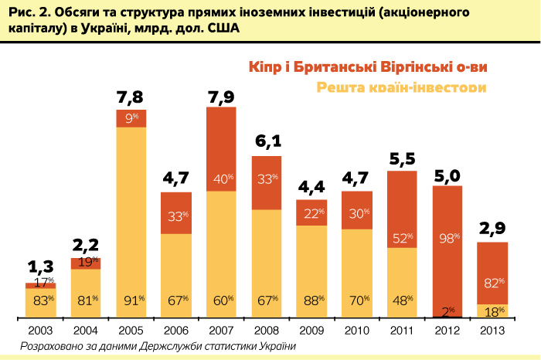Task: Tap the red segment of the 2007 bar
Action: [221, 148]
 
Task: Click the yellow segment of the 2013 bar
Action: [492, 311]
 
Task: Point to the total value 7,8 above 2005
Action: [131, 97]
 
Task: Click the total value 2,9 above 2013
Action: [492, 229]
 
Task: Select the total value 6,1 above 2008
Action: [267, 143]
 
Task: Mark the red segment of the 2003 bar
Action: [41, 286]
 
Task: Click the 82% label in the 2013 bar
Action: [493, 283]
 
